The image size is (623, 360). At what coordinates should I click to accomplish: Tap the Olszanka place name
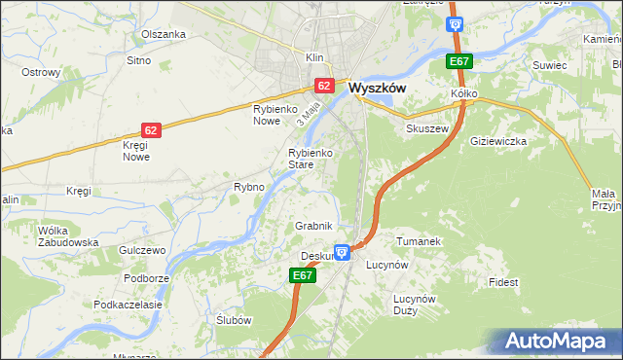[163, 34]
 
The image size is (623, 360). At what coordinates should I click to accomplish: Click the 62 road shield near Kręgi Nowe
[150, 129]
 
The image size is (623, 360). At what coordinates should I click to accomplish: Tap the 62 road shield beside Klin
[325, 86]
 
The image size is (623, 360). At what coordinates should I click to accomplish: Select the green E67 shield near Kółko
[458, 62]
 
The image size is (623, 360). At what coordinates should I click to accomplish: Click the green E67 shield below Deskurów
[303, 276]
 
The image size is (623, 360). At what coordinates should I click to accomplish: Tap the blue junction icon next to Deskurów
[342, 252]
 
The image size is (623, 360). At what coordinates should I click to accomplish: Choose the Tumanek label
[420, 240]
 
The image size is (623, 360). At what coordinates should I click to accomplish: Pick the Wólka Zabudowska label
[68, 236]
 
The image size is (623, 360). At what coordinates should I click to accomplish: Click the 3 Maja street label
[311, 113]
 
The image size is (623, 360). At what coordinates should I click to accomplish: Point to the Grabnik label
[314, 226]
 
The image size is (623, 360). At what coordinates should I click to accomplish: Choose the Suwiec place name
[549, 65]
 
